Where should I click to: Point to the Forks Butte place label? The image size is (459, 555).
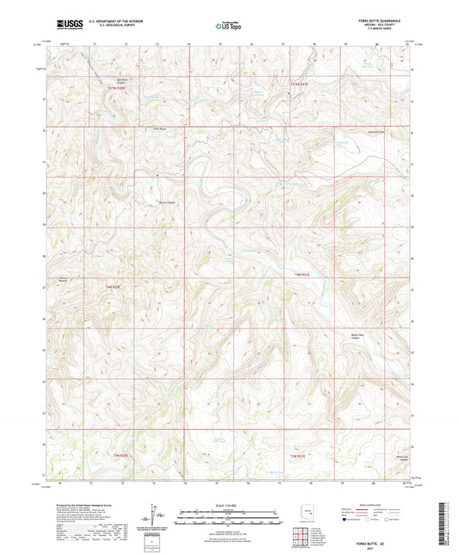tap(157, 129)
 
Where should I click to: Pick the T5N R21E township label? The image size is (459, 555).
tap(298, 84)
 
